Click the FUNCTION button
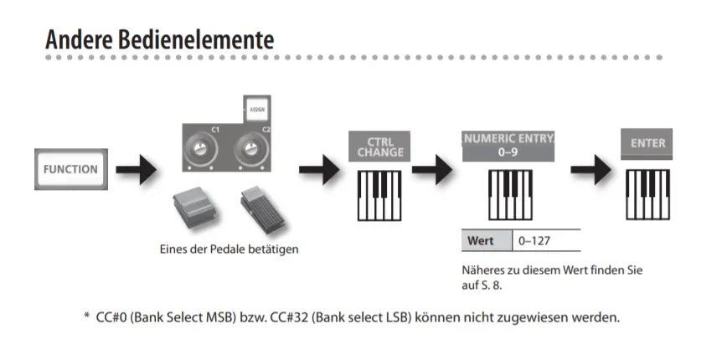[x=71, y=169]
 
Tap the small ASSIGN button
[x=256, y=109]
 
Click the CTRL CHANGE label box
[x=380, y=147]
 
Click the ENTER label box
[x=647, y=143]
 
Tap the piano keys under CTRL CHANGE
[x=380, y=195]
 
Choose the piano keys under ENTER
[x=648, y=195]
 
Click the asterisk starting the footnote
[x=86, y=319]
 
